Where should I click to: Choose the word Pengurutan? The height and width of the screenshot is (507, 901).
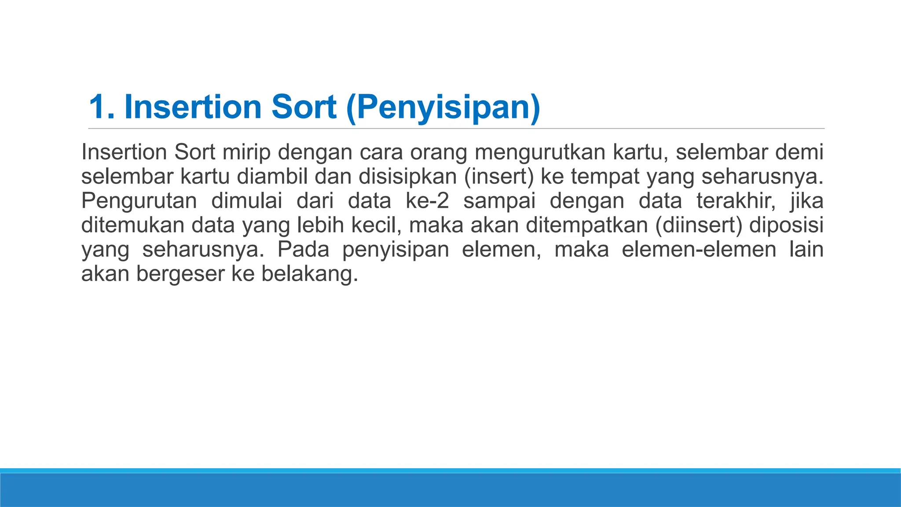pyautogui.click(x=139, y=201)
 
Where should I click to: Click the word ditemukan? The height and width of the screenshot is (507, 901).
pyautogui.click(x=132, y=225)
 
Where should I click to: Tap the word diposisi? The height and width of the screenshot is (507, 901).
pyautogui.click(x=786, y=225)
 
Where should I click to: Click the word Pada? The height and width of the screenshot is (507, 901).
pyautogui.click(x=303, y=249)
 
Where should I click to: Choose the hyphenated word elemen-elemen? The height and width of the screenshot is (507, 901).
pyautogui.click(x=699, y=249)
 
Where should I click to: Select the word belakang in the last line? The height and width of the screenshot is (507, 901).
pyautogui.click(x=309, y=273)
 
